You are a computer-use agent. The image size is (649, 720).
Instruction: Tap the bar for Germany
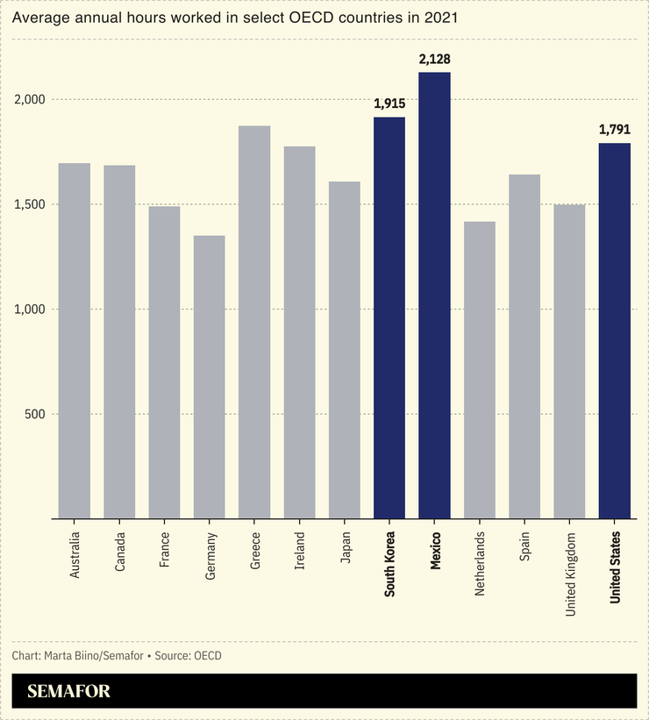[210, 377]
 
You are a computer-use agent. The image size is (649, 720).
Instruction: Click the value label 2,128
[434, 59]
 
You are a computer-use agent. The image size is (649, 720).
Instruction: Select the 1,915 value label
[389, 103]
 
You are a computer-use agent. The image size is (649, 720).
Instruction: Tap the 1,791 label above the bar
[615, 129]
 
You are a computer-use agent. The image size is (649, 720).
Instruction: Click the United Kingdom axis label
[570, 574]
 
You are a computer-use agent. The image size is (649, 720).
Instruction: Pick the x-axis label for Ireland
[299, 549]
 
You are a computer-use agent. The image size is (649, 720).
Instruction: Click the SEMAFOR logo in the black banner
[69, 691]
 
